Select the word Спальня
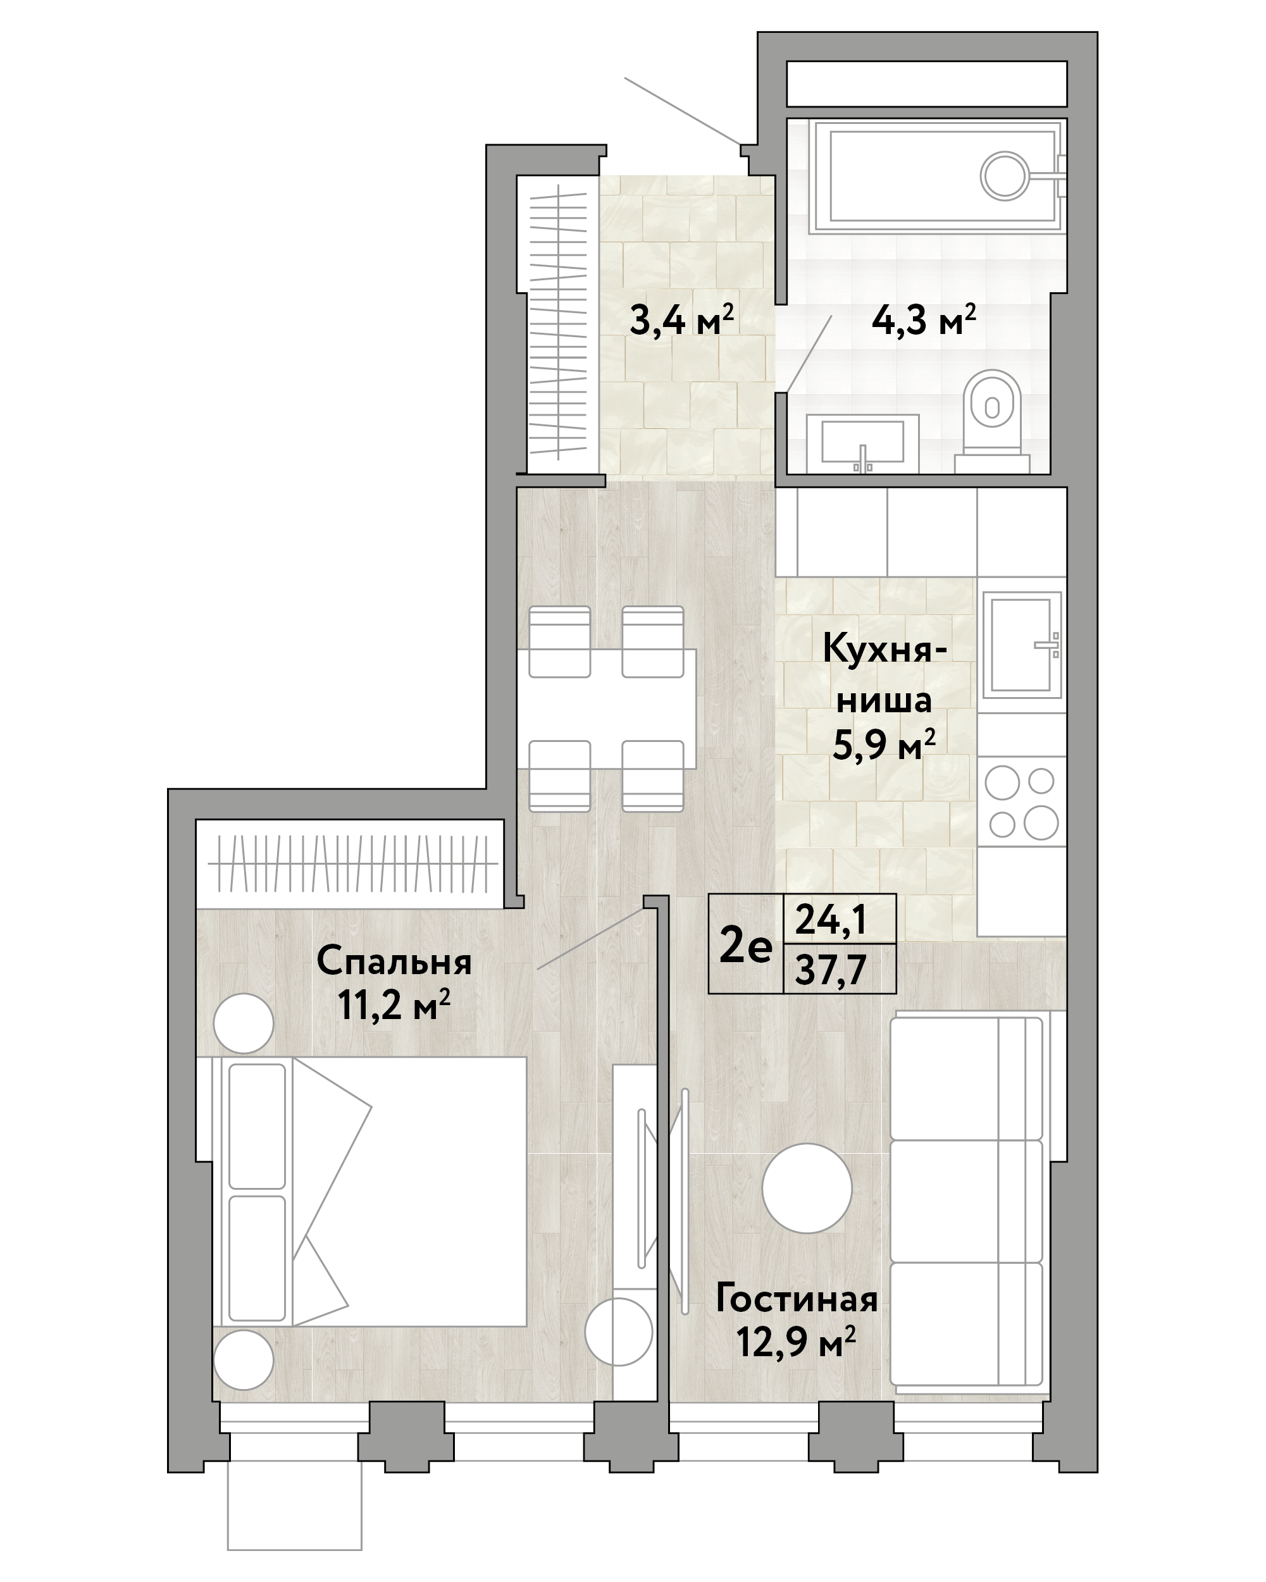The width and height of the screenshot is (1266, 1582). click(394, 962)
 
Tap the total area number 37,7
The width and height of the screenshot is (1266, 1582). click(831, 970)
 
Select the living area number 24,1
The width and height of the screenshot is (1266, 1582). click(831, 918)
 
